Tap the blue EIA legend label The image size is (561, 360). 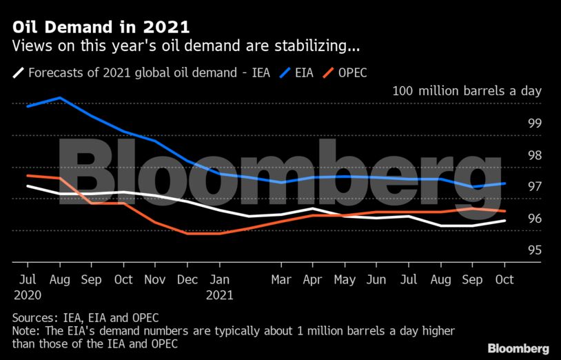coord(304,72)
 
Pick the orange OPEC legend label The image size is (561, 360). coord(352,72)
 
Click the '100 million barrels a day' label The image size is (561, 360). coord(467,91)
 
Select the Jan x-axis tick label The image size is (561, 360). coord(220,281)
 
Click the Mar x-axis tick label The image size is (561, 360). coord(281,281)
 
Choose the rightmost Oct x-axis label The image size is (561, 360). coord(504,281)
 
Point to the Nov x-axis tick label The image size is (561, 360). coord(154,281)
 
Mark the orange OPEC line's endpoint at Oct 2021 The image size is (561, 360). coord(505,211)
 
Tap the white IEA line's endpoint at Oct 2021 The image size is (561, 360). coord(505,221)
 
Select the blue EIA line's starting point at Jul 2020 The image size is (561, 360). coord(28,107)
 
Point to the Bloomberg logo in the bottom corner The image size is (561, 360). coord(518,348)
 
